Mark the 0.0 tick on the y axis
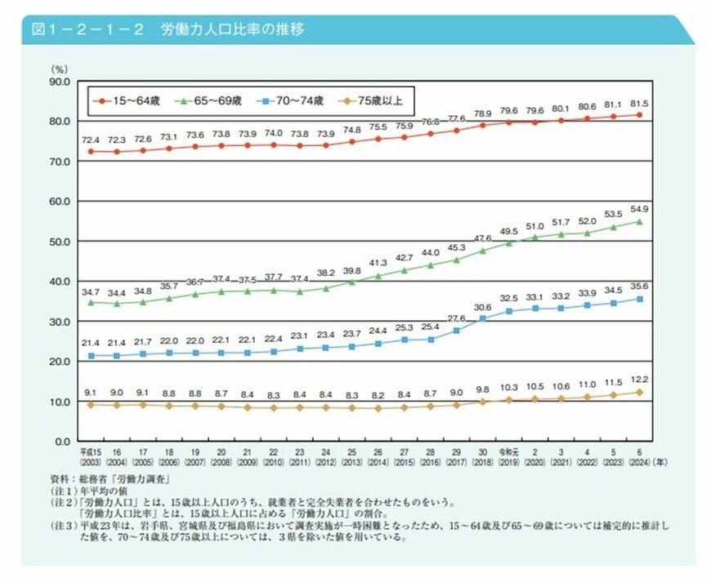[x=62, y=441]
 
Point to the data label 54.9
[x=638, y=210]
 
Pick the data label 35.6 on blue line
[x=638, y=287]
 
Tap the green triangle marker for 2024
[x=639, y=221]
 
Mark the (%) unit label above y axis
[x=60, y=69]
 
